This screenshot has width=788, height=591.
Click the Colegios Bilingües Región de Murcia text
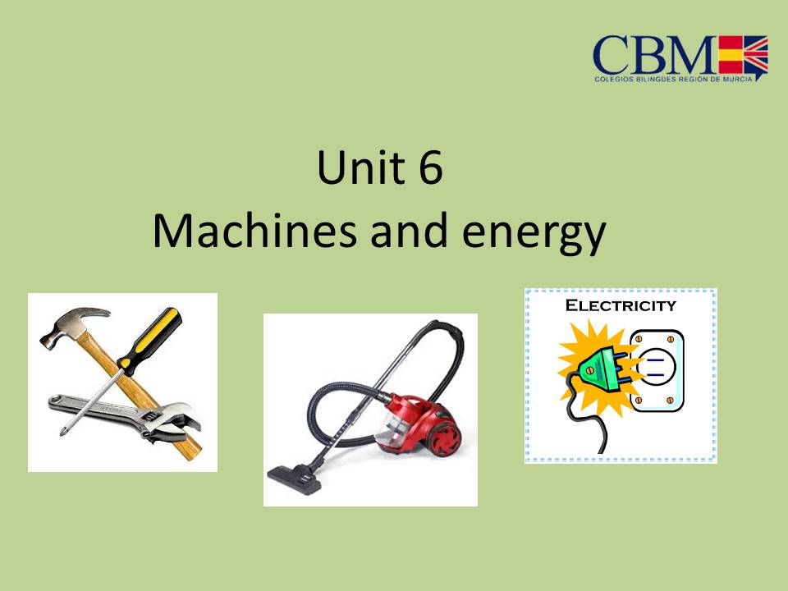coord(672,77)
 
